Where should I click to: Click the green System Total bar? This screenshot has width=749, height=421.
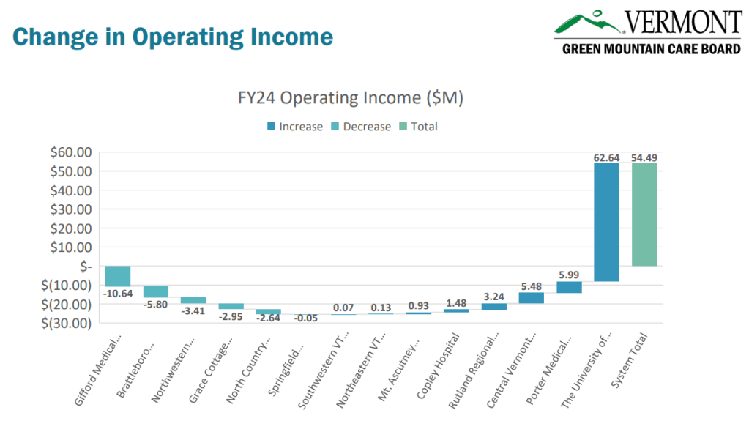click(x=644, y=214)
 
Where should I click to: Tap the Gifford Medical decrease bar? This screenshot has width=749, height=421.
click(x=118, y=276)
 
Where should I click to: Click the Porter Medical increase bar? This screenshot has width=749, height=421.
click(x=569, y=287)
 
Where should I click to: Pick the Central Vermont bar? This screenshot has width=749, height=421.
click(x=531, y=298)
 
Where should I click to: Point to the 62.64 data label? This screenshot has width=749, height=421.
click(x=606, y=157)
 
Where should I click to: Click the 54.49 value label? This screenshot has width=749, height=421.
click(x=644, y=157)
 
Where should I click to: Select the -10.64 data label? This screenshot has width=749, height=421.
click(x=118, y=294)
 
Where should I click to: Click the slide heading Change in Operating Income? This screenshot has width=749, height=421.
click(x=173, y=37)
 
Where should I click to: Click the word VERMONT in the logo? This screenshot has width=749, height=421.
click(x=682, y=22)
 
